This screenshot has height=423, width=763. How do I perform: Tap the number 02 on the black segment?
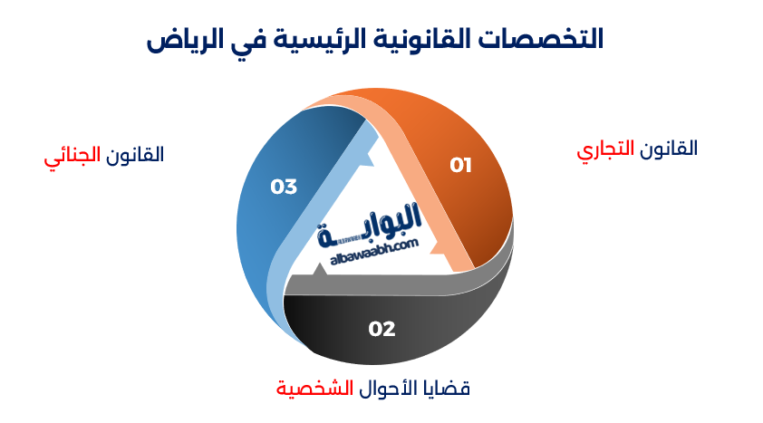click(381, 328)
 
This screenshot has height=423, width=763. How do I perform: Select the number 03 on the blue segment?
click(284, 187)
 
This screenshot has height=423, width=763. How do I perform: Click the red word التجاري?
click(608, 150)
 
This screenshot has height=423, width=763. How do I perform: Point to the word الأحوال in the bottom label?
click(383, 389)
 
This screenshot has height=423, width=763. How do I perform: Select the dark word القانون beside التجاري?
click(670, 149)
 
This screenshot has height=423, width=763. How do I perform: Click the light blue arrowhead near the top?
click(365, 156)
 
